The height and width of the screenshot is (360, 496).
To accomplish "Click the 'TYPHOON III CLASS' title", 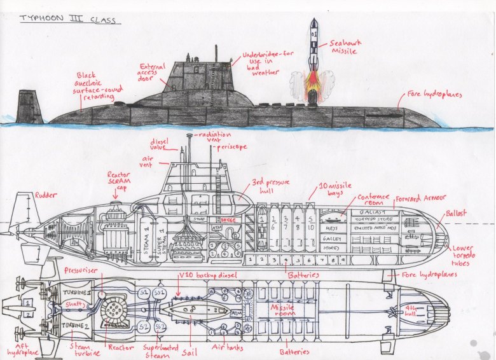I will (x=67, y=20).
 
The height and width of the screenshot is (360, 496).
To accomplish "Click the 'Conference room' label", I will (x=373, y=202).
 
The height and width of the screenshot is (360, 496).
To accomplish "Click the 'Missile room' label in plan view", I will (x=282, y=310).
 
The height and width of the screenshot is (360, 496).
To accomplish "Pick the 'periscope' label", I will (x=231, y=147).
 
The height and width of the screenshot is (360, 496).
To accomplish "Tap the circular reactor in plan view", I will (x=115, y=310).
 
